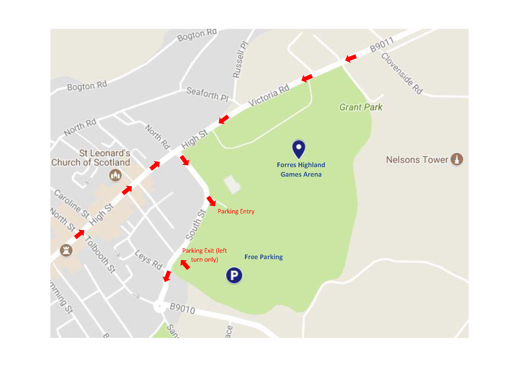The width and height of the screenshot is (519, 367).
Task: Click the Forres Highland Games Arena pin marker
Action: click(299, 148)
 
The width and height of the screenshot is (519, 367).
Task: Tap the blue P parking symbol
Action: click(234, 275)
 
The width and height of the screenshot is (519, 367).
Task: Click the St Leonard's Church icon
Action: click(115, 175)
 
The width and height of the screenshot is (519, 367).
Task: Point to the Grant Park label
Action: click(361, 107)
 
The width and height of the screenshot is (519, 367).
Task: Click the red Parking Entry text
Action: click(236, 211)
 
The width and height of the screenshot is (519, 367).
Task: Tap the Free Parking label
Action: click(264, 257)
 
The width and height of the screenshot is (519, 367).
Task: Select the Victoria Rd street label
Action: click(269, 95)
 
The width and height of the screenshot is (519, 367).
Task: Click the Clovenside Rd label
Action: click(402, 74)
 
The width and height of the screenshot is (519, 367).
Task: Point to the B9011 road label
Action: click(382, 45)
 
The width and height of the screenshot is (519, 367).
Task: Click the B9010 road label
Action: click(182, 308)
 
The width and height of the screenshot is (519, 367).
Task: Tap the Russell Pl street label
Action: click(240, 60)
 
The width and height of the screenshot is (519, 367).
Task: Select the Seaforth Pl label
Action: click(207, 94)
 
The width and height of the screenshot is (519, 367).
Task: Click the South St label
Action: click(196, 225)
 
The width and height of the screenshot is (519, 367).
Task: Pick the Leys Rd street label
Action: click(149, 260)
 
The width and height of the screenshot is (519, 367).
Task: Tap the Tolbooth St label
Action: click(100, 254)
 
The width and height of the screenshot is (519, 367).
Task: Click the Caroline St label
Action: click(72, 204)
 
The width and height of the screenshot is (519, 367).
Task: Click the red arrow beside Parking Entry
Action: click(211, 201)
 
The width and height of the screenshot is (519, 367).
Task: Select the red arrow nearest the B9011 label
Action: click(351, 58)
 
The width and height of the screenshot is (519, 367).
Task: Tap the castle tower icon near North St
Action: click(66, 250)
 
